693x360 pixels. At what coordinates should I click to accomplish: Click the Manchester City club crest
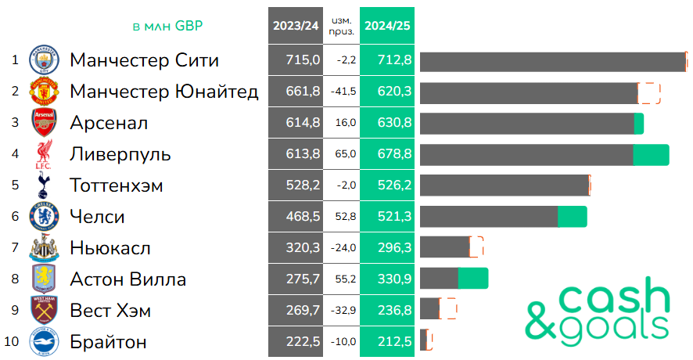[x=44, y=60]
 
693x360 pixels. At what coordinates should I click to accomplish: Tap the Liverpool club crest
[x=44, y=154]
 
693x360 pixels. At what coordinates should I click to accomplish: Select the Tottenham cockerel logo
[x=44, y=185]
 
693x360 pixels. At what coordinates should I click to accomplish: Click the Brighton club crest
[x=44, y=342]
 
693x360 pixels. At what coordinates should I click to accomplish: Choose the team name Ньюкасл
[x=110, y=248]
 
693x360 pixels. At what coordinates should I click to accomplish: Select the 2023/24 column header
[x=296, y=25]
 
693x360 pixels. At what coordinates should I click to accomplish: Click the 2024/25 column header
[x=387, y=25]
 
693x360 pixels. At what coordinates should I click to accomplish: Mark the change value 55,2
[x=344, y=279]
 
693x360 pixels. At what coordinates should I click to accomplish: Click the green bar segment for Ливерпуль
[x=651, y=154]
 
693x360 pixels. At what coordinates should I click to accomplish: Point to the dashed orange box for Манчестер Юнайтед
[x=649, y=92]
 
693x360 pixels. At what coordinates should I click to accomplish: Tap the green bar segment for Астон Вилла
[x=472, y=279]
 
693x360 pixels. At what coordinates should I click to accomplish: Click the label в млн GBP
[x=167, y=26]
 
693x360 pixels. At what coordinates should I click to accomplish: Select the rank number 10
[x=12, y=342]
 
